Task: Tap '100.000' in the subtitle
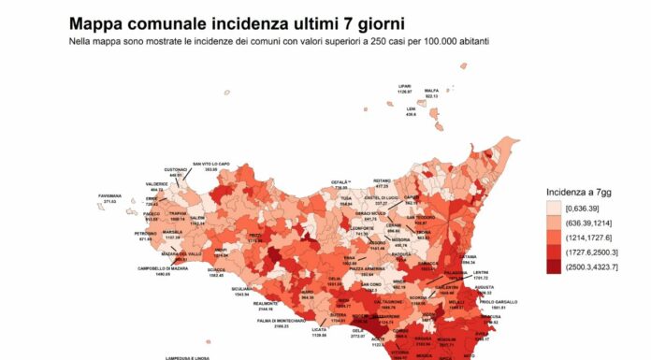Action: (x=417, y=42)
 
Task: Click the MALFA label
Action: (x=431, y=90)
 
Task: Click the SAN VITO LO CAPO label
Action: (x=210, y=165)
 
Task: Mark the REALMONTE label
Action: (x=266, y=303)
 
